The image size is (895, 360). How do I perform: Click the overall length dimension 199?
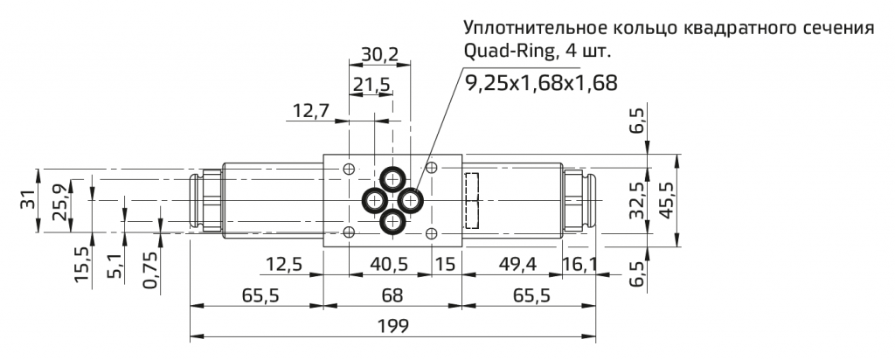pos(392,325)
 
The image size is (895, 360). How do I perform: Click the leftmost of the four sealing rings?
pos(374,201)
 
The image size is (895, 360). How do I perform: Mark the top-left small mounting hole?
pos(350,169)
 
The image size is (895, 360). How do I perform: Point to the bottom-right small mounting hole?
pos(430,232)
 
